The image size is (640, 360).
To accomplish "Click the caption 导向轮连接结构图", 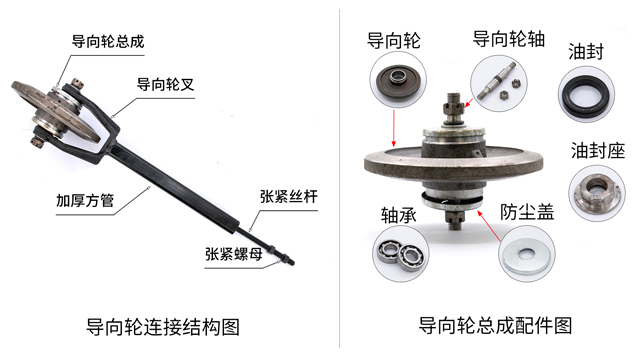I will tap(164, 326).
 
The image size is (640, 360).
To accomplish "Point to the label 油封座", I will tap(598, 151).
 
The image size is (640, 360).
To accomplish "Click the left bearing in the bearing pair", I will tap(389, 252).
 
